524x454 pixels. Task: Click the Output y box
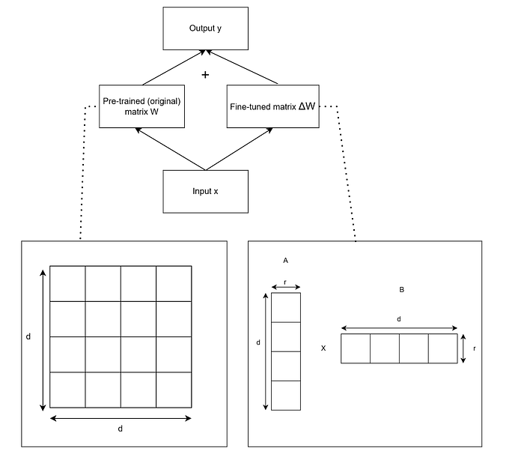point(206,28)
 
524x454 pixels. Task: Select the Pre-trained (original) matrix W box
point(141,105)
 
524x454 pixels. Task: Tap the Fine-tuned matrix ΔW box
point(272,106)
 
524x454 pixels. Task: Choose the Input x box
point(206,191)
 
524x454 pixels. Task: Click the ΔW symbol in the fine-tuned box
point(307,106)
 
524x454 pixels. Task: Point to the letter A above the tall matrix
point(286,260)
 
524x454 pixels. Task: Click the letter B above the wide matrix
point(402,289)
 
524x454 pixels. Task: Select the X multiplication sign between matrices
point(323,348)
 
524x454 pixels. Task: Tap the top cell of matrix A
point(286,307)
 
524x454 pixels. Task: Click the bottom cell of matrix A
point(286,395)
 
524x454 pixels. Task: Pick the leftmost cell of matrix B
point(356,348)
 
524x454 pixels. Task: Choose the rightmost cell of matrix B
point(442,348)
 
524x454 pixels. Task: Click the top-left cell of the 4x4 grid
point(67,283)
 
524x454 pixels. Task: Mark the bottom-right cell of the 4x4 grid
point(174,390)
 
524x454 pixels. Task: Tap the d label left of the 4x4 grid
point(28,337)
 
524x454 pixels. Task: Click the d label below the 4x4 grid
point(120,429)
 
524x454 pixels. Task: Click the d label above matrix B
point(399,319)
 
